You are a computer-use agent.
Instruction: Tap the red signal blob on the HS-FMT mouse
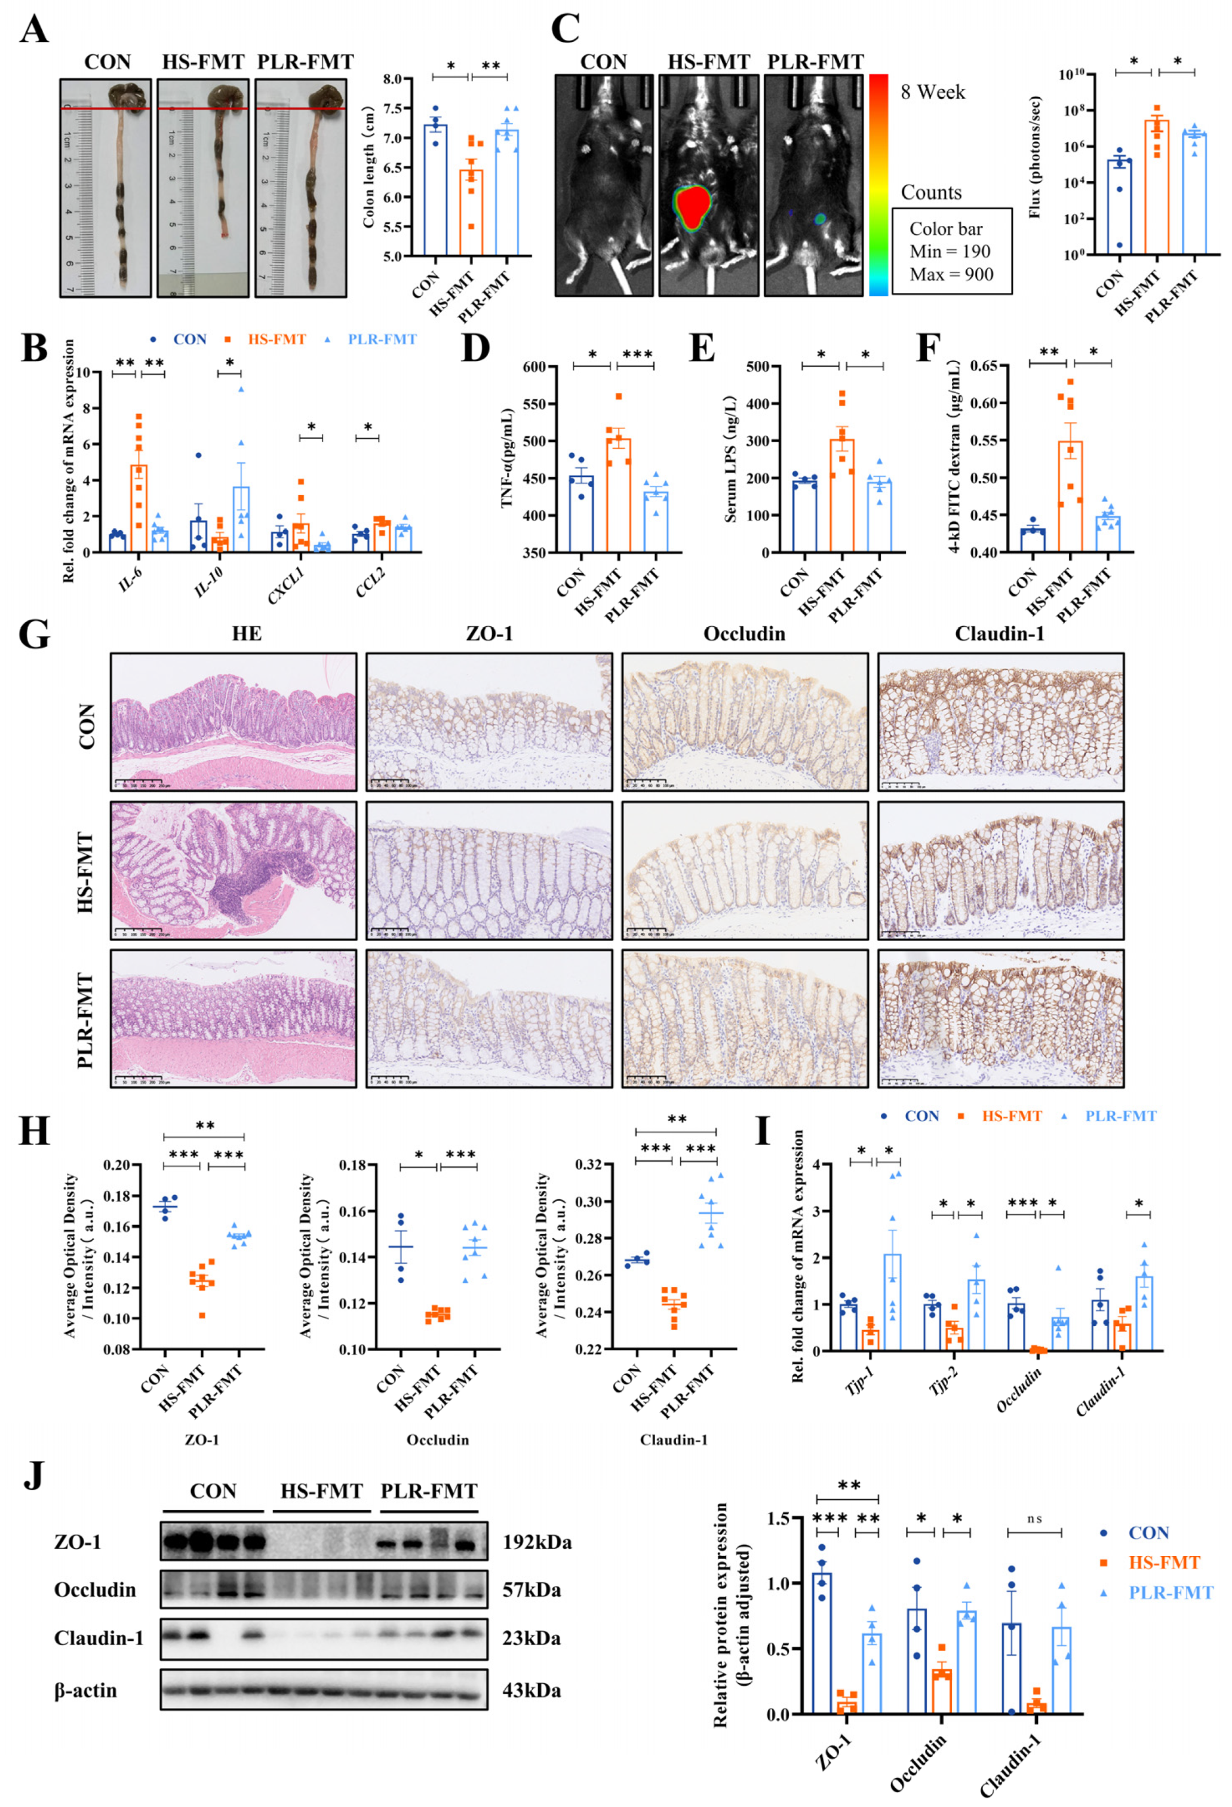pyautogui.click(x=693, y=206)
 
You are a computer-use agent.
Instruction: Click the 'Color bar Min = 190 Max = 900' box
pyautogui.click(x=951, y=251)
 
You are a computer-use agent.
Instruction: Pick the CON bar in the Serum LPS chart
pyautogui.click(x=804, y=516)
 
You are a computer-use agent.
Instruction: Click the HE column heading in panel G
pyautogui.click(x=247, y=633)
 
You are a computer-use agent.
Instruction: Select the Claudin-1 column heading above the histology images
pyautogui.click(x=999, y=633)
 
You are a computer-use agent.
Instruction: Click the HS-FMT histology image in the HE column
pyautogui.click(x=233, y=870)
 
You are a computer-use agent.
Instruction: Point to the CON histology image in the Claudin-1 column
pyautogui.click(x=1000, y=722)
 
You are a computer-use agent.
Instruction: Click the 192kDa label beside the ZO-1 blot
pyautogui.click(x=536, y=1542)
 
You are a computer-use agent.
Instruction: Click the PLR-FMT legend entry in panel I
pyautogui.click(x=1119, y=1117)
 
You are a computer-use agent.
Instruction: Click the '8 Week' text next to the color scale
pyautogui.click(x=932, y=93)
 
